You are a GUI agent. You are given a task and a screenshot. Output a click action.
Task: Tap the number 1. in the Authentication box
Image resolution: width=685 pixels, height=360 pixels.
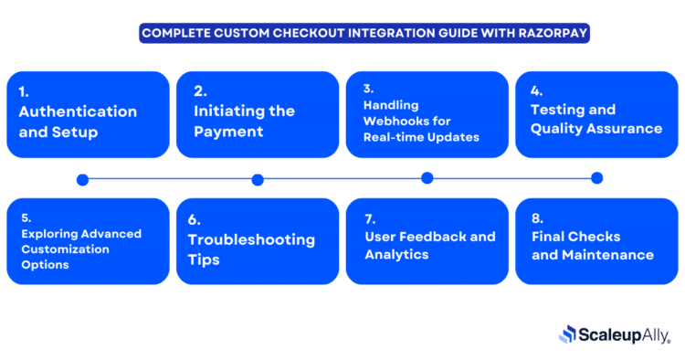tap(25, 91)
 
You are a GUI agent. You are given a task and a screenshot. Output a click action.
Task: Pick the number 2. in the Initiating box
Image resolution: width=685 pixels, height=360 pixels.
tap(200, 91)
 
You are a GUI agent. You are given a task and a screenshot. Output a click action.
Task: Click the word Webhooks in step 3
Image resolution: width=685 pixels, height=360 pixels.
tap(398, 121)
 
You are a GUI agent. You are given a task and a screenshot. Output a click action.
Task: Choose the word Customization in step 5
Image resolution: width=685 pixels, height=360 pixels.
tap(65, 249)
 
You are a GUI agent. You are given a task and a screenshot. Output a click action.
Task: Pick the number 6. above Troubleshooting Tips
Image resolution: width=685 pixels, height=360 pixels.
tap(195, 219)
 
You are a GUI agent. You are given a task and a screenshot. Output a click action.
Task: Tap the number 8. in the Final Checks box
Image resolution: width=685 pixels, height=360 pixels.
tap(537, 218)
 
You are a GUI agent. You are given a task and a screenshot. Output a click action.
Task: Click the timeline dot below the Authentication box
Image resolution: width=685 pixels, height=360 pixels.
tap(83, 179)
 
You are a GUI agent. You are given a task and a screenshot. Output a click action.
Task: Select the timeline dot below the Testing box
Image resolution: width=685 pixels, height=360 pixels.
tap(597, 178)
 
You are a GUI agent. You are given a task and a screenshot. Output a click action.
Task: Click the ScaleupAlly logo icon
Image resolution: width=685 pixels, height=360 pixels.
tap(567, 334)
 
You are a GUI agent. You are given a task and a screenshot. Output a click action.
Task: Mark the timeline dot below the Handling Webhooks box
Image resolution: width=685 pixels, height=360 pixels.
tap(427, 178)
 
